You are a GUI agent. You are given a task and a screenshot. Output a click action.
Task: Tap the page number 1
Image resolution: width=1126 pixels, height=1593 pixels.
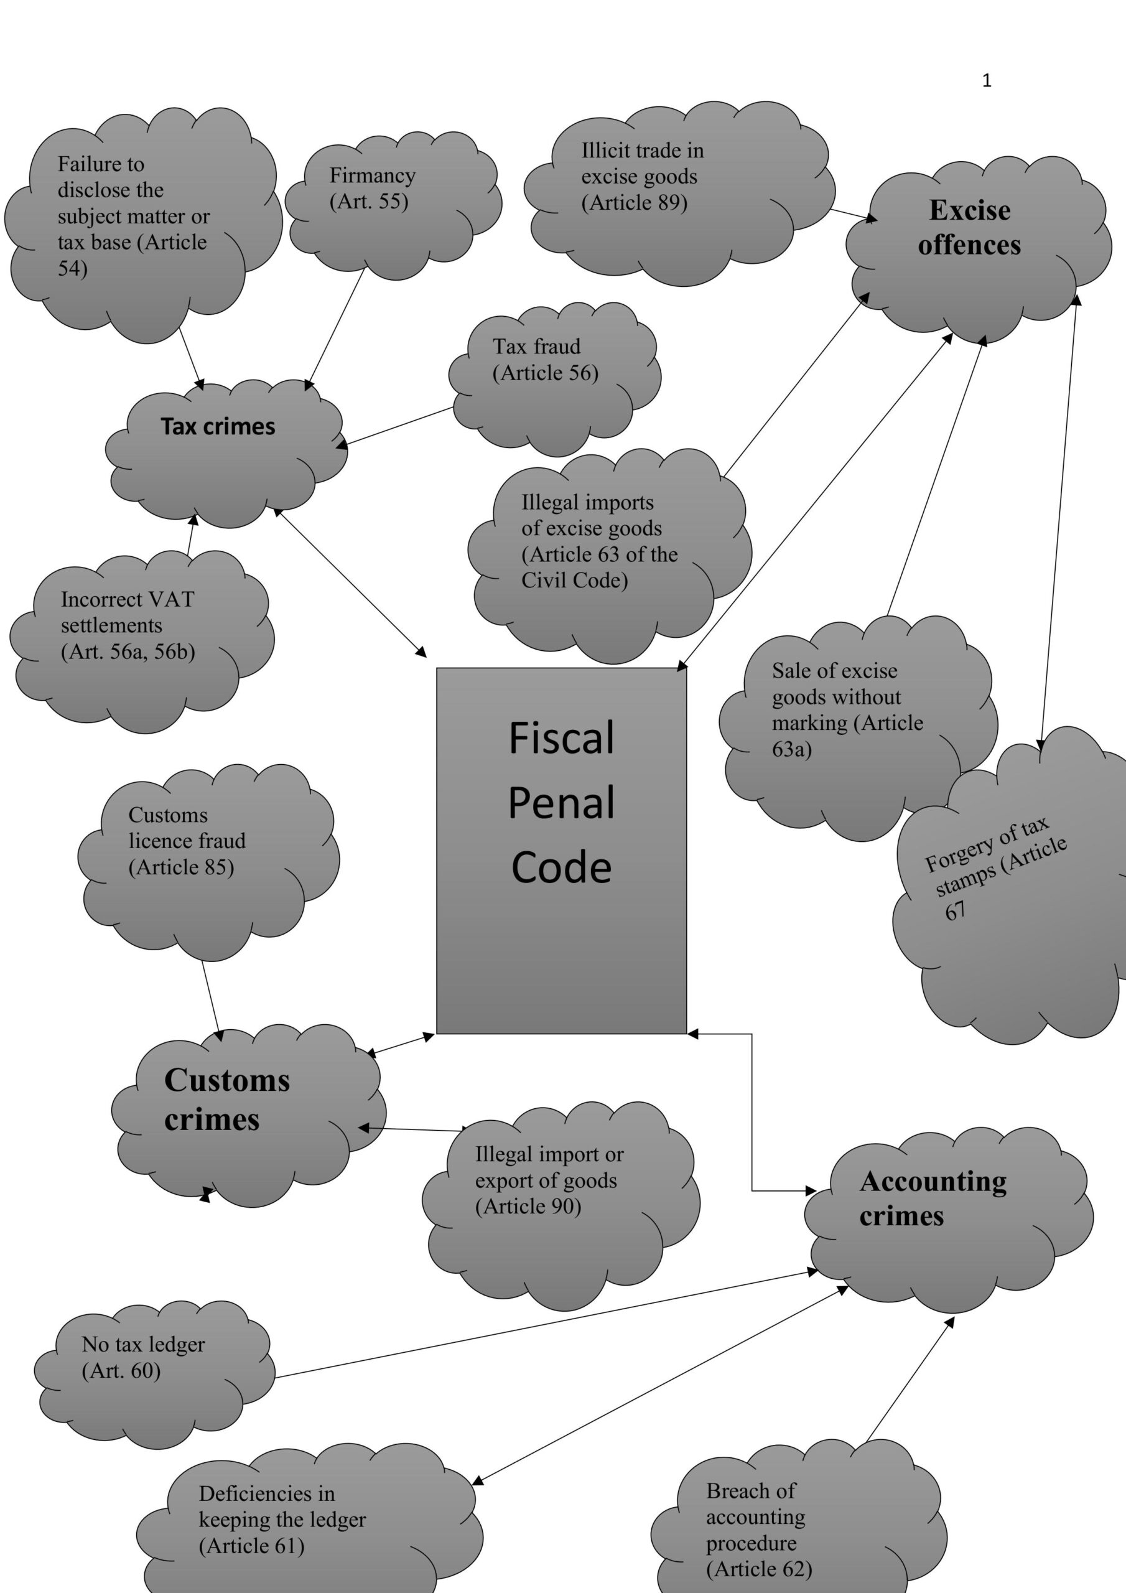click(987, 81)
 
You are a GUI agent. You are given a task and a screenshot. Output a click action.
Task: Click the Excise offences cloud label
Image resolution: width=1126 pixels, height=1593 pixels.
click(969, 228)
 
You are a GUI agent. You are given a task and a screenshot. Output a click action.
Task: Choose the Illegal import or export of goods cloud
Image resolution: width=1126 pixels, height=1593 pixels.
click(555, 1194)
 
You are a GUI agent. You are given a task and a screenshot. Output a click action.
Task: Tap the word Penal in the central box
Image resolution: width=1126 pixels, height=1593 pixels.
click(561, 803)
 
